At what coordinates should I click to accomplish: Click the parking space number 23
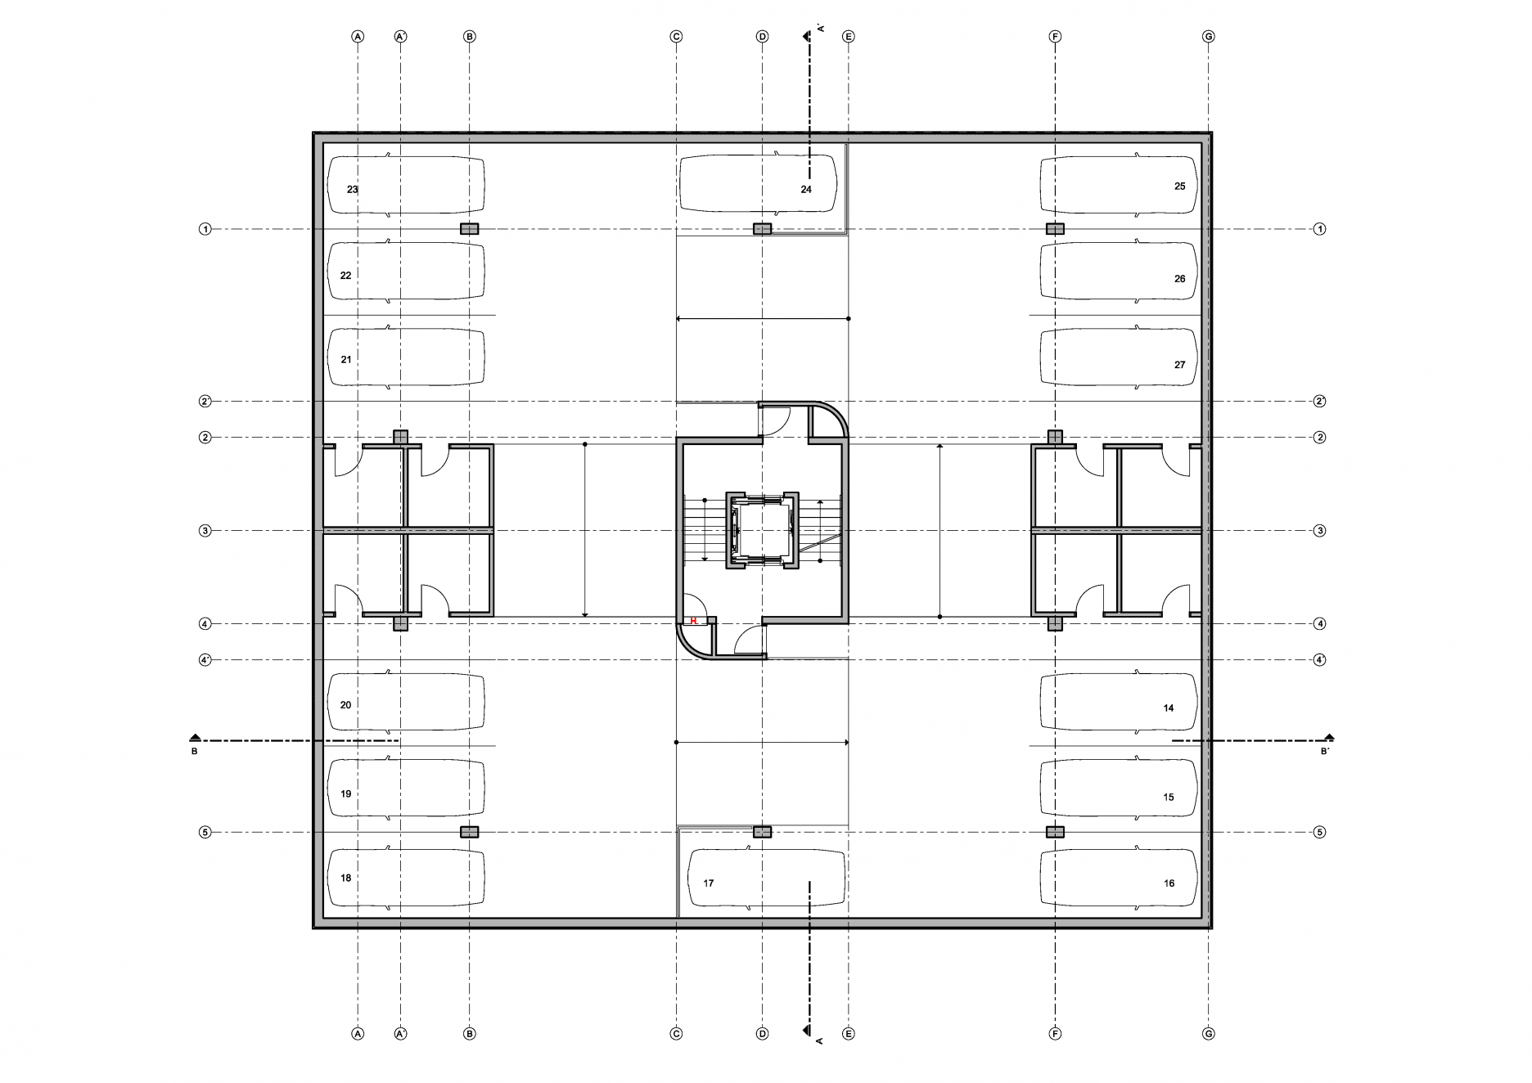click(x=352, y=189)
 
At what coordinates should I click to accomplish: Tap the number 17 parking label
click(x=709, y=883)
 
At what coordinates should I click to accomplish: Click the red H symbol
click(x=693, y=621)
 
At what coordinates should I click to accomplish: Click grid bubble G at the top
click(x=1209, y=37)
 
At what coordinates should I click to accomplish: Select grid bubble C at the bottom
click(x=676, y=1034)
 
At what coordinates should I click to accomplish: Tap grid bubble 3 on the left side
click(x=205, y=531)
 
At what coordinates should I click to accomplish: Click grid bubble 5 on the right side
click(x=1319, y=833)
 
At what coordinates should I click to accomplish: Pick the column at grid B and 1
click(x=469, y=229)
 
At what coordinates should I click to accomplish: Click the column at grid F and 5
click(x=1055, y=832)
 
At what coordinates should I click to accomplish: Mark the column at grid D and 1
click(x=762, y=229)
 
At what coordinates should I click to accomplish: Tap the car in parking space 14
click(x=1118, y=701)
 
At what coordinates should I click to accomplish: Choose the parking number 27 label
click(x=1179, y=365)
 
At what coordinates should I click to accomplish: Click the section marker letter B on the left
click(x=194, y=751)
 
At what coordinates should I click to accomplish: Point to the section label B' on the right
click(x=1325, y=751)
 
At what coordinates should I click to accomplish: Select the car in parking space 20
click(x=406, y=702)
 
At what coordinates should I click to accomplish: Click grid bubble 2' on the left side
click(x=205, y=402)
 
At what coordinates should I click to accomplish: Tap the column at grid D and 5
click(x=762, y=832)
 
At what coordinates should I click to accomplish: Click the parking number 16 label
click(x=1169, y=883)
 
